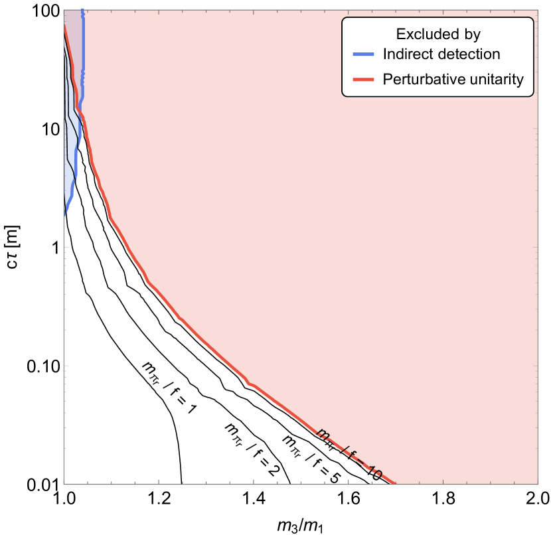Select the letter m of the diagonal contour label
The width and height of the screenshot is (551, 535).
click(323, 434)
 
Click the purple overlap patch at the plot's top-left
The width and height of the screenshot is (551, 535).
click(72, 40)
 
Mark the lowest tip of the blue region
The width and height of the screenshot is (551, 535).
click(64, 216)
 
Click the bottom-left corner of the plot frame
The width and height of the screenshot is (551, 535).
click(64, 483)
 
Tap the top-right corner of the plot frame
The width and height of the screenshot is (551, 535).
click(538, 10)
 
